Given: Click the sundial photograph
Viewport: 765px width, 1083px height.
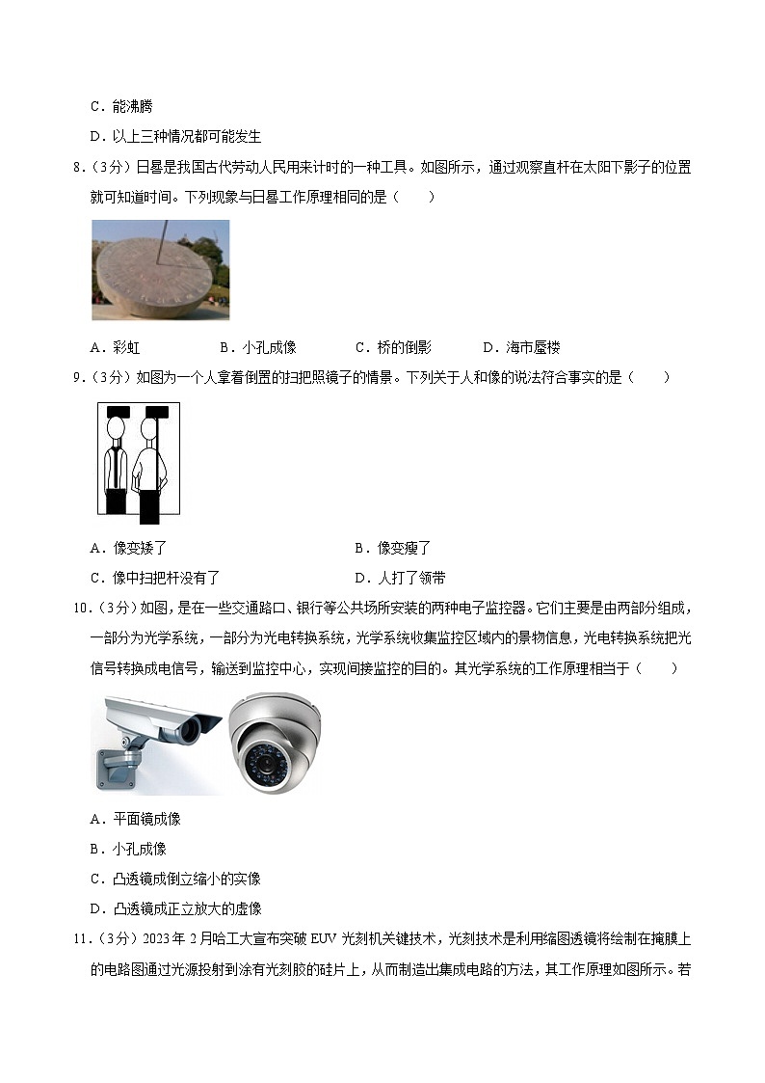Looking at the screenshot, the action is [160, 270].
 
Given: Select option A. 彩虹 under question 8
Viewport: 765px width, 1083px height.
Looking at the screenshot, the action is [115, 347].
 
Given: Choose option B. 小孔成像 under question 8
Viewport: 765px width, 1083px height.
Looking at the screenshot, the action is [258, 347].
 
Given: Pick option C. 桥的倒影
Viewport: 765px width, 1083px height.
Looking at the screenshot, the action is [393, 347].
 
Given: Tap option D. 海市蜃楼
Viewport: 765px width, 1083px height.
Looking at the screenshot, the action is [521, 347].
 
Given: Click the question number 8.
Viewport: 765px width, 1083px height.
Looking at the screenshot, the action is [79, 167].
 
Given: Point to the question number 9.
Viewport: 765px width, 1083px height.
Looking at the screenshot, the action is [79, 377].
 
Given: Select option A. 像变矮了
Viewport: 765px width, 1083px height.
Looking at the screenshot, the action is [128, 549].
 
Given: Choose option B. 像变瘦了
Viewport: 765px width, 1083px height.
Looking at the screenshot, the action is [392, 549].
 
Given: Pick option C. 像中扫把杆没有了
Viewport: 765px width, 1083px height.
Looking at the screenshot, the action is [155, 578].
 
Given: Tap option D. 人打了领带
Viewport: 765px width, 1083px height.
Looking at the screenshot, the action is [400, 578].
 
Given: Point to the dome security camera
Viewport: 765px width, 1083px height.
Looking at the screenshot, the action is [276, 744].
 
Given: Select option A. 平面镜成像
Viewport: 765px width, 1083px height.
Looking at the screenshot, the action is [135, 819].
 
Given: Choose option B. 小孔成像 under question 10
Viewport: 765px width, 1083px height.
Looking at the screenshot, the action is [128, 849].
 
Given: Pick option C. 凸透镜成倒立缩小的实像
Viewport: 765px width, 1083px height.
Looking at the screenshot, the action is [176, 880].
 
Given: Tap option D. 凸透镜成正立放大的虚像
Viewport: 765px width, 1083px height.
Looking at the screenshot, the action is [176, 909].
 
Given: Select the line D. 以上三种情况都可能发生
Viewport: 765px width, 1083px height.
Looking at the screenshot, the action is [176, 137].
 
